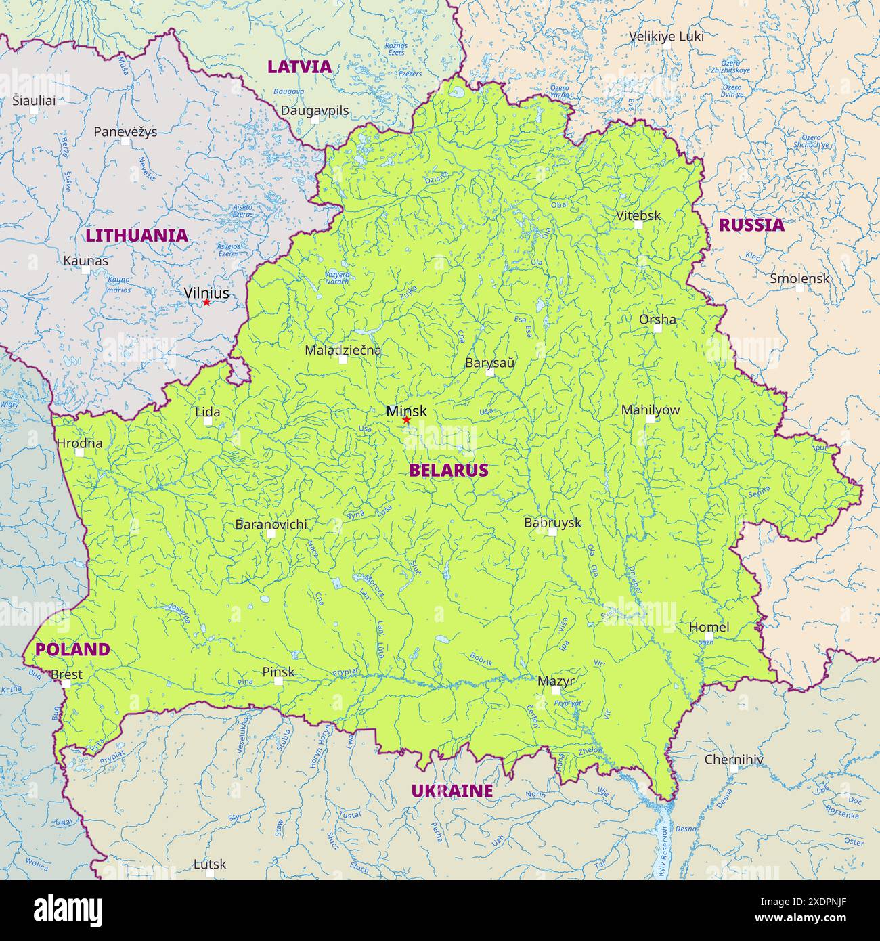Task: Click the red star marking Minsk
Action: tap(406, 420)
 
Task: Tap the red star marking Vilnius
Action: tap(206, 302)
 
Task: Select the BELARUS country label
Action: tap(448, 470)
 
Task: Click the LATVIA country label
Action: tap(299, 67)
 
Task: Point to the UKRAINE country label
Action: tap(452, 791)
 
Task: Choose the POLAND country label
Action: tap(72, 650)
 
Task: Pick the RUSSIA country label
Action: tap(751, 225)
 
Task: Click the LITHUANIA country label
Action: tap(136, 236)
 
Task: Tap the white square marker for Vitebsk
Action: tap(638, 225)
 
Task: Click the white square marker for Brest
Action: tap(66, 684)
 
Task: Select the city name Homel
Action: tap(709, 628)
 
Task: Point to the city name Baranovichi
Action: tap(271, 524)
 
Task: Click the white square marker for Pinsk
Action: tap(278, 681)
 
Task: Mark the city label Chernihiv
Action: tap(733, 760)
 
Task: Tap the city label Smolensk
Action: tap(799, 278)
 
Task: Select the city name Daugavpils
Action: tap(315, 110)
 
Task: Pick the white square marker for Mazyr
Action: tap(556, 691)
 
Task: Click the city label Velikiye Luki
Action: tap(666, 37)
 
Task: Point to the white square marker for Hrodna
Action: tap(80, 452)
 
